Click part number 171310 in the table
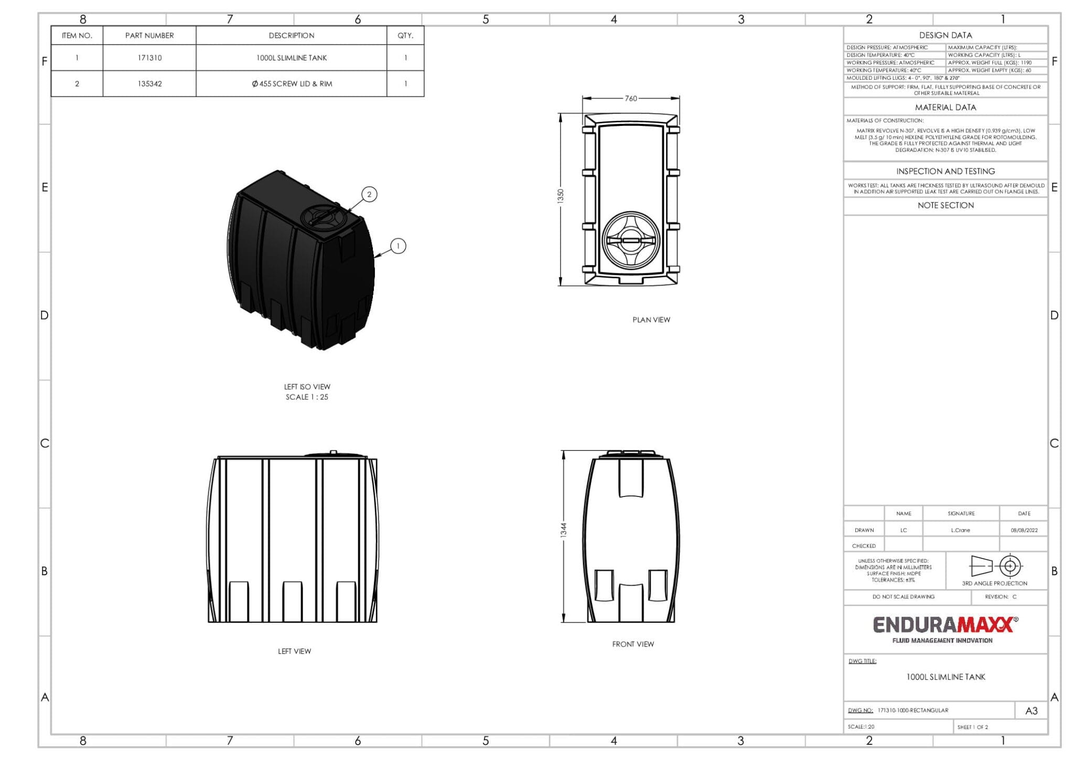149,58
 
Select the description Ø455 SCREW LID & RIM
292,84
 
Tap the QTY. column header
405,36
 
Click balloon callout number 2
369,195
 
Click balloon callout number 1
398,246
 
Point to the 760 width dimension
631,99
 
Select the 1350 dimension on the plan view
561,196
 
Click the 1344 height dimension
564,530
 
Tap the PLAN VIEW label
651,320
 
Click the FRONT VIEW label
633,644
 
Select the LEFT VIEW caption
294,651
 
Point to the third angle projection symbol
994,566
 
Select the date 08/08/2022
1024,530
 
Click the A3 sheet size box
1031,711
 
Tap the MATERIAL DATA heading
945,108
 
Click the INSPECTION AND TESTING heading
945,172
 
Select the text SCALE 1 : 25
307,397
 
